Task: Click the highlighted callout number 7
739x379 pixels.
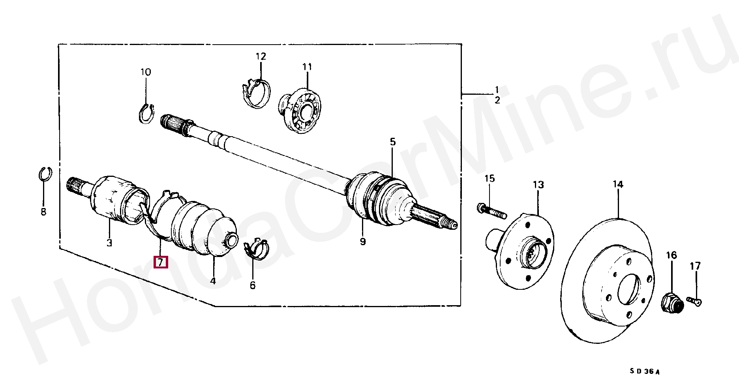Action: (161, 262)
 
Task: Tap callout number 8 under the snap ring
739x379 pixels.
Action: (43, 212)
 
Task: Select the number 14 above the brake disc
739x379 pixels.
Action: (618, 184)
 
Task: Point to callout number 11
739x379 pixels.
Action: (307, 67)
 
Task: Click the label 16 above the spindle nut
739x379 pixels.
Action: (671, 255)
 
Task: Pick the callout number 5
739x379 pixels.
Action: (392, 142)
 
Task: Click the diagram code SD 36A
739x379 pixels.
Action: (644, 371)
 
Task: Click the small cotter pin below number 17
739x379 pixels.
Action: (695, 301)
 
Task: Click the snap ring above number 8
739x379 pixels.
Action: (45, 174)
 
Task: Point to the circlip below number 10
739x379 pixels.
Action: (147, 114)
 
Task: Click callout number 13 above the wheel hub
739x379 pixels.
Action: (538, 185)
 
